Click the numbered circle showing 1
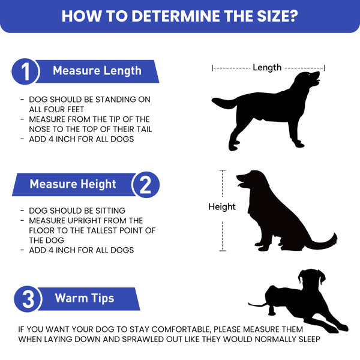click(x=25, y=71)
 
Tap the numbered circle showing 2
click(x=146, y=185)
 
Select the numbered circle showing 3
click(x=28, y=299)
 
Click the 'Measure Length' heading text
click(x=97, y=71)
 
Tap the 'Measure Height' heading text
click(x=73, y=184)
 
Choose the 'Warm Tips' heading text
click(x=85, y=298)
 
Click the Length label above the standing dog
click(x=267, y=67)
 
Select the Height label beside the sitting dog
click(x=222, y=206)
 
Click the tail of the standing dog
click(x=224, y=103)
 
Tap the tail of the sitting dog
click(x=324, y=242)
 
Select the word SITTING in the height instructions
click(x=110, y=211)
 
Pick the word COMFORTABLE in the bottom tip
click(x=181, y=329)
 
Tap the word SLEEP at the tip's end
click(x=309, y=339)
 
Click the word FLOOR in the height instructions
click(x=40, y=230)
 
